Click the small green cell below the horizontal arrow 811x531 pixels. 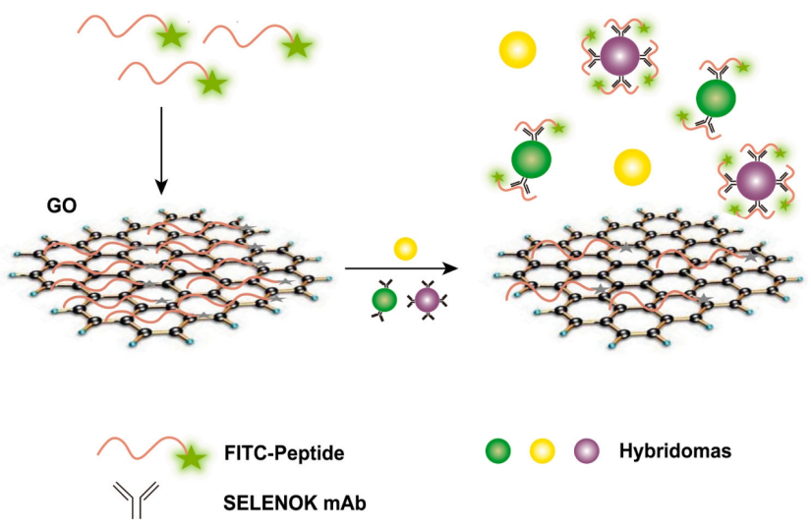[384, 299]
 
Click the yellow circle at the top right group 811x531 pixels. [517, 49]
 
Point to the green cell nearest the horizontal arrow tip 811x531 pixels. [531, 158]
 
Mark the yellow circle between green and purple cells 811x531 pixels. [632, 166]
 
